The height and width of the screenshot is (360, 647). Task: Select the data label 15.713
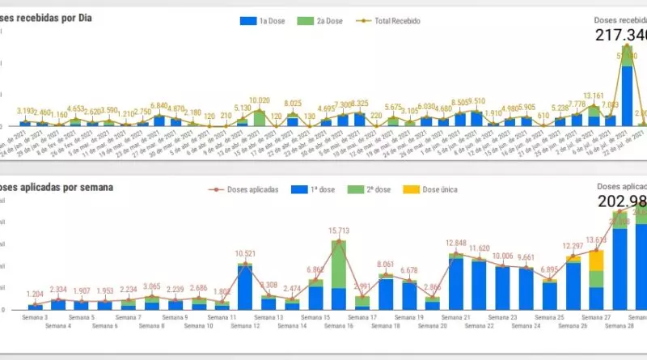pyautogui.click(x=339, y=231)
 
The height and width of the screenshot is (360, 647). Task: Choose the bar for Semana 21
pyautogui.click(x=457, y=283)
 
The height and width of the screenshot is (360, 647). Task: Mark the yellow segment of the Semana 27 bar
pyautogui.click(x=596, y=260)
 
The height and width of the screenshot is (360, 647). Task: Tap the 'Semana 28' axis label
pyautogui.click(x=620, y=326)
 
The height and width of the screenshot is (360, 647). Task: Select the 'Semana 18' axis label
pyautogui.click(x=385, y=326)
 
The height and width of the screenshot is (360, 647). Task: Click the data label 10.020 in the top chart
pyautogui.click(x=260, y=100)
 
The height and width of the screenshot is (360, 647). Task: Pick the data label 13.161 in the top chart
pyautogui.click(x=594, y=96)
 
